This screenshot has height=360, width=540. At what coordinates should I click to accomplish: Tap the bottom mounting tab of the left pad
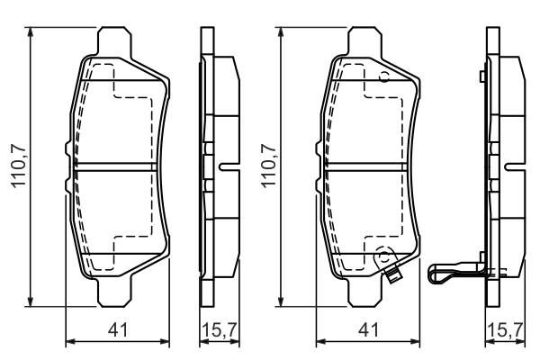click(118, 291)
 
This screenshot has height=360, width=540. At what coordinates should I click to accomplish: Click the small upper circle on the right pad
click(384, 76)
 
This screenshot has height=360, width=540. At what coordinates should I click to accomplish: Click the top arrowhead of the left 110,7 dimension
click(32, 31)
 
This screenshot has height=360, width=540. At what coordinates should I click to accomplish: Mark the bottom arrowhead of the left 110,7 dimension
click(32, 301)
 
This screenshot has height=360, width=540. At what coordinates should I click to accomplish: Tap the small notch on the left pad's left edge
click(66, 148)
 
